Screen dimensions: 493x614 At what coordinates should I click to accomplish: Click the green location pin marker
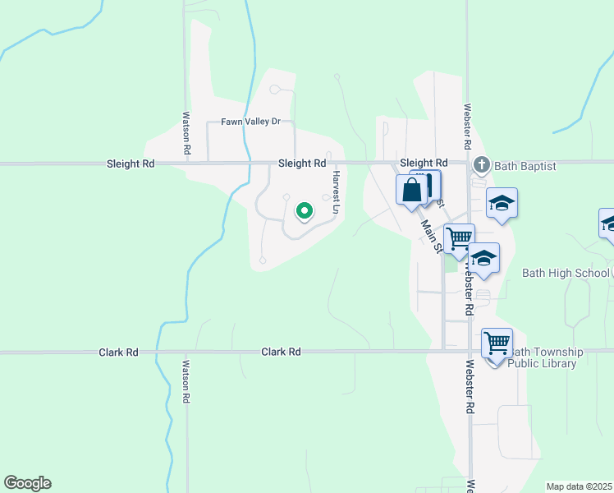tap(305, 212)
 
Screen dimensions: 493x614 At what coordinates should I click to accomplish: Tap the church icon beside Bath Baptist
tap(481, 166)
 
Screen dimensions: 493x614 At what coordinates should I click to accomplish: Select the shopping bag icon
tap(411, 190)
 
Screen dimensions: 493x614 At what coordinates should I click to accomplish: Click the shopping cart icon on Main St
tap(460, 239)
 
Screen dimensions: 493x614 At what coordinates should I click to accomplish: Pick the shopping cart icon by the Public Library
tap(497, 343)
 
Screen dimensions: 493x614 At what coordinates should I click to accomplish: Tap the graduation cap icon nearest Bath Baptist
tap(502, 203)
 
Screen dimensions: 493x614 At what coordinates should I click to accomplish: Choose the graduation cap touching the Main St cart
tap(484, 259)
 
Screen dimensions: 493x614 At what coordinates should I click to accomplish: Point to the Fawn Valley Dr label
tap(250, 122)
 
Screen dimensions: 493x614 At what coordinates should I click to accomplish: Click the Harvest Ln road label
tap(336, 192)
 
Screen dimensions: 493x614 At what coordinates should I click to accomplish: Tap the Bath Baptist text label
tap(525, 166)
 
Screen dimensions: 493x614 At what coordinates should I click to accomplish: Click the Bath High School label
tap(566, 273)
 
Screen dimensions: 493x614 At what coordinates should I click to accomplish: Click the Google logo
tap(27, 483)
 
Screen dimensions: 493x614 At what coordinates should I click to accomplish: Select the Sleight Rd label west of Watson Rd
tap(131, 164)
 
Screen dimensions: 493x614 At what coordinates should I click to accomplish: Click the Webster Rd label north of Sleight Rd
tap(466, 125)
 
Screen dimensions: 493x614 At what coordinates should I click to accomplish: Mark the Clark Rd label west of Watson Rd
tap(119, 352)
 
